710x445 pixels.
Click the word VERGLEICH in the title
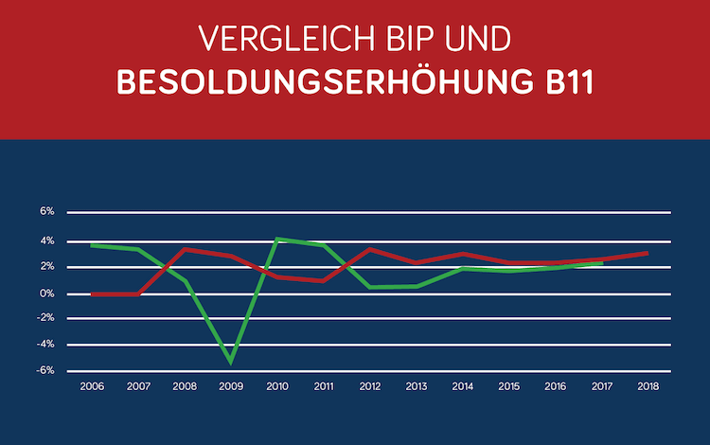(273, 39)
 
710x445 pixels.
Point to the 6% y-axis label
(47, 211)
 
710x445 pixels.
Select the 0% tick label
(47, 294)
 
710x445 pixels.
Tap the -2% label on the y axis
(46, 319)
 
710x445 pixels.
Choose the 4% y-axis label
(47, 240)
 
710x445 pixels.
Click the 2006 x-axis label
(92, 386)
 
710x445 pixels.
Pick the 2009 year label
(231, 386)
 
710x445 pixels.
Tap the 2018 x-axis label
(648, 386)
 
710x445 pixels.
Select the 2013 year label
(417, 386)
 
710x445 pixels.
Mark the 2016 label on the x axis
(556, 386)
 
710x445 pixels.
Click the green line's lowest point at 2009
(231, 361)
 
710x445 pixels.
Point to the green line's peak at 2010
(277, 239)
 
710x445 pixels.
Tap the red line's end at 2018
(647, 253)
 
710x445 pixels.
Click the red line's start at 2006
(92, 294)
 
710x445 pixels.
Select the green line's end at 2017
(601, 263)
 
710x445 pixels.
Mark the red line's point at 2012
(370, 249)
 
